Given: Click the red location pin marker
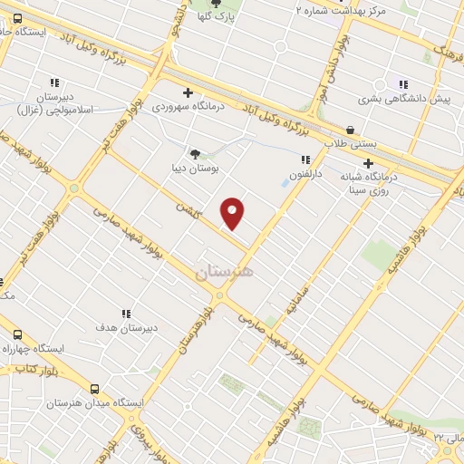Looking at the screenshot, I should [233, 212].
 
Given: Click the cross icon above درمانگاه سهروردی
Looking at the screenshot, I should [188, 92].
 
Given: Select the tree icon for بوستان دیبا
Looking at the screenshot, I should [195, 153].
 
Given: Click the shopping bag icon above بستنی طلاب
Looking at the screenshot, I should [350, 129].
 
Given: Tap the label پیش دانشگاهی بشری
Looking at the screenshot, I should [404, 98].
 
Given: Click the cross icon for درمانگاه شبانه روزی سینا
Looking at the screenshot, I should [368, 163].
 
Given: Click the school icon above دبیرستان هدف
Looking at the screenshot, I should [125, 314].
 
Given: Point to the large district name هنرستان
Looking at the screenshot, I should [225, 270].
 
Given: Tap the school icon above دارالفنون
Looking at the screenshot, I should [294, 159].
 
